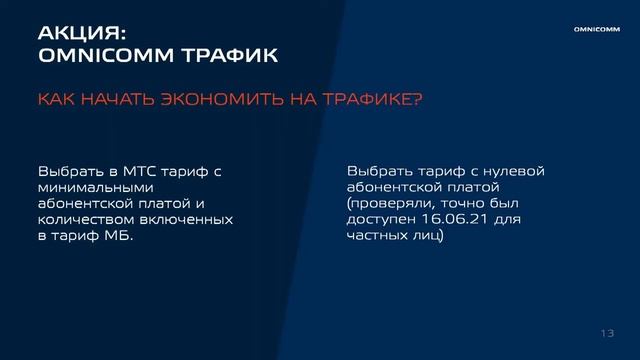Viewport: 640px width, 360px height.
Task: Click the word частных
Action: coord(379,236)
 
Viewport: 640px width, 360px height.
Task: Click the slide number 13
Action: coord(607,333)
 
